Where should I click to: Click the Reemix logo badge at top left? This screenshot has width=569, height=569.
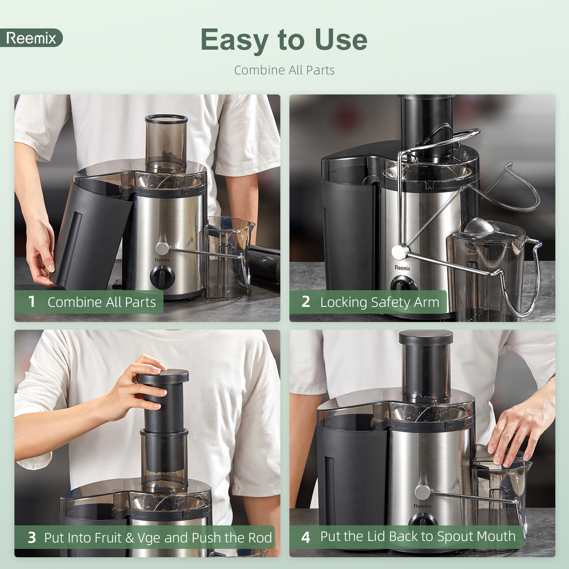(31, 38)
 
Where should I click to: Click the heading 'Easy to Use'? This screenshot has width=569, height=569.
(284, 40)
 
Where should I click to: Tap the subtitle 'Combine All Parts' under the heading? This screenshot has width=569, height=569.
(284, 70)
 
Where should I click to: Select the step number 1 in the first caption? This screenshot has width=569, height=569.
(32, 302)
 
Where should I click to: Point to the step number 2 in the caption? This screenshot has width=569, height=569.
(306, 302)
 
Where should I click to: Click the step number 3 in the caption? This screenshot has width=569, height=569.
(32, 538)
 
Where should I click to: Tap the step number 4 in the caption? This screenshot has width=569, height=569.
(306, 537)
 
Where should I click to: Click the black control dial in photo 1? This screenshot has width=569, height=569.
(162, 277)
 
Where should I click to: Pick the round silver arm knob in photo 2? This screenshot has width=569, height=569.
(398, 252)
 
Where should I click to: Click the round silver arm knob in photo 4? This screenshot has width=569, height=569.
(422, 492)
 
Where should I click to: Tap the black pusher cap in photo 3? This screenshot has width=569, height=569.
(163, 376)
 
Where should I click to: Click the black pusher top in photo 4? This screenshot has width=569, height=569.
(426, 338)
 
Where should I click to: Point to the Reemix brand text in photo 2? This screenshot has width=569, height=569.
(402, 268)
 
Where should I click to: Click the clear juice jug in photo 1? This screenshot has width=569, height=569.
(228, 258)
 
